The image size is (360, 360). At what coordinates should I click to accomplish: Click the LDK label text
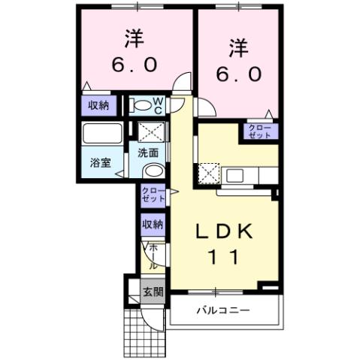[224, 231]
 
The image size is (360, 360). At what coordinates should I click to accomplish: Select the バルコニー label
[223, 310]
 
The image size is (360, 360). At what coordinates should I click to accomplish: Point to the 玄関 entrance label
[153, 292]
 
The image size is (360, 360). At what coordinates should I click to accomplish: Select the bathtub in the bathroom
[102, 135]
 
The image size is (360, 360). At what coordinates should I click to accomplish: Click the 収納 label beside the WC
[98, 105]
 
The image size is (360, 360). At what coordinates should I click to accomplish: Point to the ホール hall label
[152, 256]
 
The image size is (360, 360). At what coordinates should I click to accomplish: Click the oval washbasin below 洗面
[152, 171]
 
